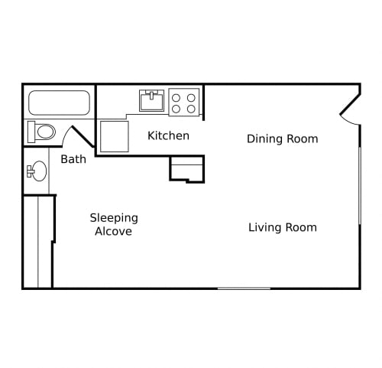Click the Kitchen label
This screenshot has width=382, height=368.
[x=168, y=135]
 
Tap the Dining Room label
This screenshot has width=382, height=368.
[x=283, y=139]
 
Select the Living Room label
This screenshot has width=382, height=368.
[x=283, y=227]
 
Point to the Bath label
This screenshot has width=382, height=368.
[x=73, y=159]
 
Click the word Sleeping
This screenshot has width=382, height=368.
[x=114, y=218]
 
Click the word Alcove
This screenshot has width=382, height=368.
[x=114, y=231]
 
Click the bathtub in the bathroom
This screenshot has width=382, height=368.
[x=59, y=103]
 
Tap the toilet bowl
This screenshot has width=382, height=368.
[x=46, y=132]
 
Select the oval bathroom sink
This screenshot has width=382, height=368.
[x=40, y=171]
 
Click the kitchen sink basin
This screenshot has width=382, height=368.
[x=151, y=100]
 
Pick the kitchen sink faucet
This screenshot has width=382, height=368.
[x=151, y=95]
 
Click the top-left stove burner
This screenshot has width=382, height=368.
[x=176, y=98]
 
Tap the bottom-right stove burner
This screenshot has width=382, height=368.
[x=191, y=109]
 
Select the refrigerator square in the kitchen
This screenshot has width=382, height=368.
[x=115, y=136]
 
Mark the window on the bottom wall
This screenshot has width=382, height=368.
[x=244, y=288]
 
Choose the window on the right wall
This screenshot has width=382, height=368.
[x=360, y=186]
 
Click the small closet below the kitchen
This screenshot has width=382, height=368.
[x=187, y=169]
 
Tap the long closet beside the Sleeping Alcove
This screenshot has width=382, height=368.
[x=38, y=241]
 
